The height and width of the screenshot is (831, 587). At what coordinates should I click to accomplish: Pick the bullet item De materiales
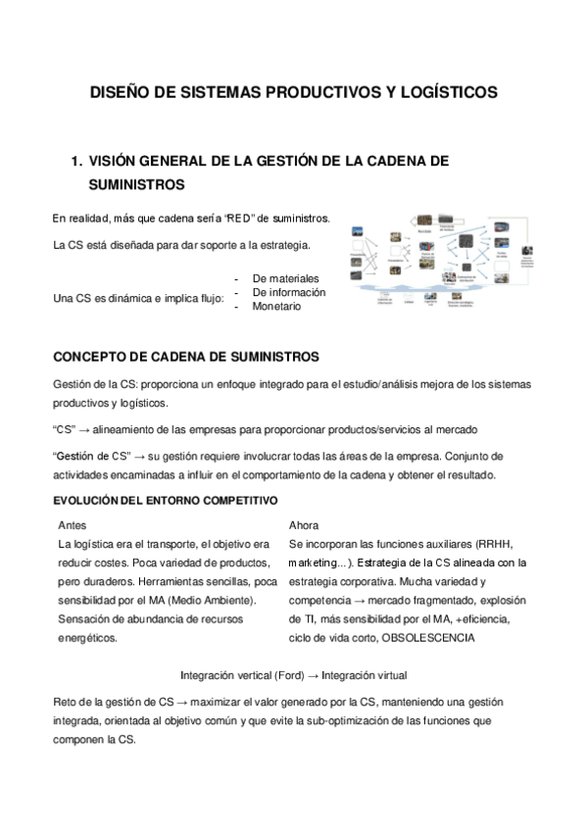click(285, 279)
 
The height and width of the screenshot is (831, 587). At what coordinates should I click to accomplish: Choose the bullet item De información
click(289, 293)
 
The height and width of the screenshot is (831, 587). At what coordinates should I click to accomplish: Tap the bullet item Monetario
click(276, 307)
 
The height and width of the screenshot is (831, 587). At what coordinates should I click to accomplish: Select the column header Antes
click(72, 525)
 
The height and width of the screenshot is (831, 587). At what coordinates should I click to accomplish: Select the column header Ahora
click(304, 525)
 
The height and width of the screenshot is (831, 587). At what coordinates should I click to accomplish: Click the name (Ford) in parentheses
click(278, 676)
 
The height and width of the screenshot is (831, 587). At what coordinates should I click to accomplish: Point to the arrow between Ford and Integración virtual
click(308, 676)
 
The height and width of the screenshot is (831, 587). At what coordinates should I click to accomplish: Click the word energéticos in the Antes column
click(87, 638)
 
